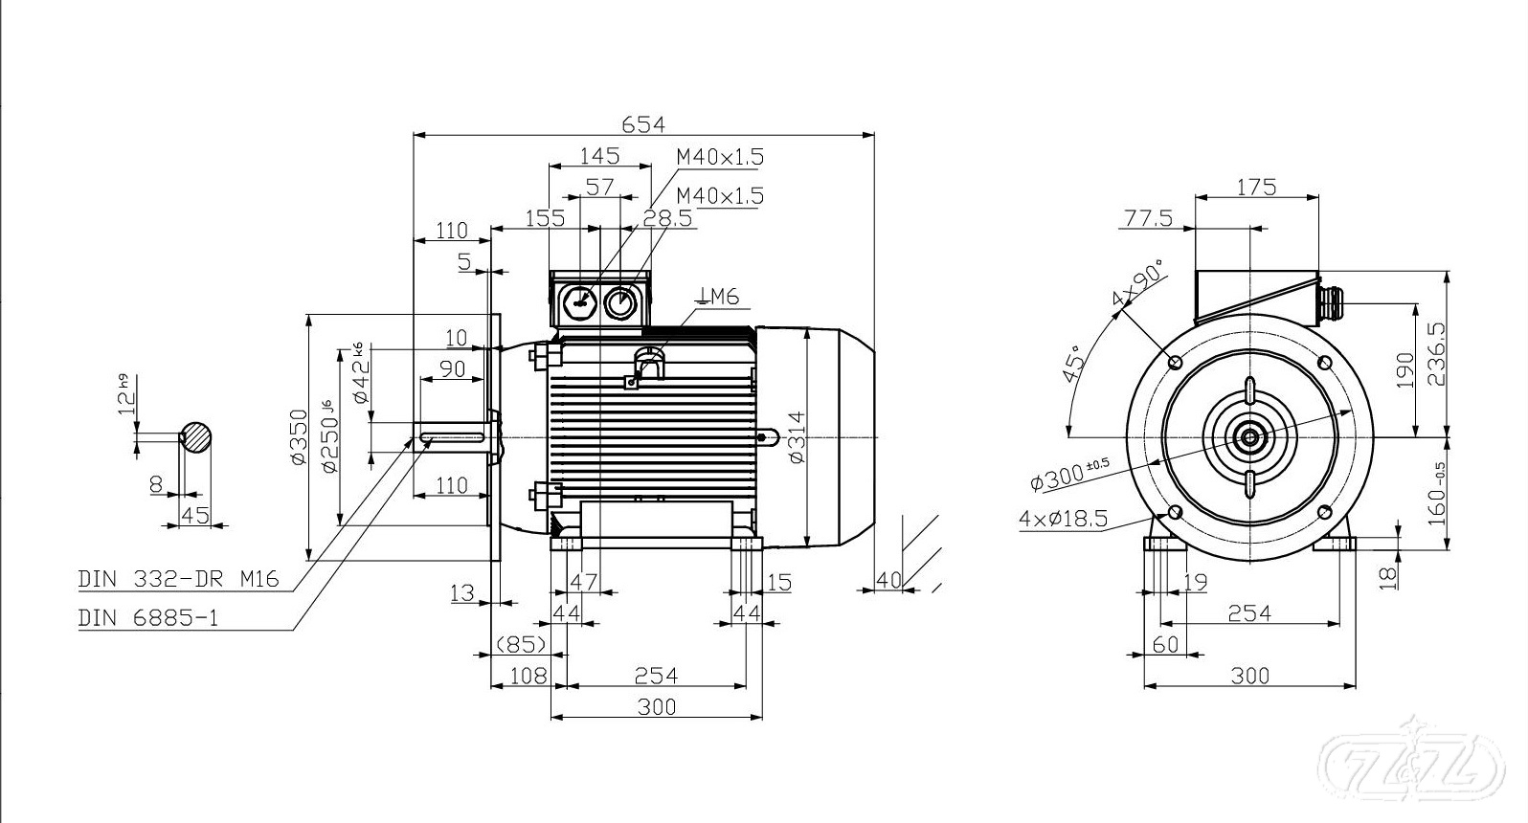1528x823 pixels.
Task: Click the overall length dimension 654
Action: [642, 123]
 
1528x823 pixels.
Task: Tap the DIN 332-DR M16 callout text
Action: [178, 579]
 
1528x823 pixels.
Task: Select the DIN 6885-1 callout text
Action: [147, 618]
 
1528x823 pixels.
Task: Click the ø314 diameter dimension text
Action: [797, 436]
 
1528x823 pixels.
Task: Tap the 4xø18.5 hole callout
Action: [1063, 519]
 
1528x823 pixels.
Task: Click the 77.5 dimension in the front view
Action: [1148, 218]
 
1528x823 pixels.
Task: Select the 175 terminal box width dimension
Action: [1256, 187]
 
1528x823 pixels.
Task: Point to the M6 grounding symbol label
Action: [719, 297]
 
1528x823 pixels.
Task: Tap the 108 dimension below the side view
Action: [527, 676]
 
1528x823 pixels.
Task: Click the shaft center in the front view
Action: [1249, 438]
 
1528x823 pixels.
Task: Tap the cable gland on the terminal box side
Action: [1329, 300]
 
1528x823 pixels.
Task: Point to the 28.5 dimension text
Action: [667, 218]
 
